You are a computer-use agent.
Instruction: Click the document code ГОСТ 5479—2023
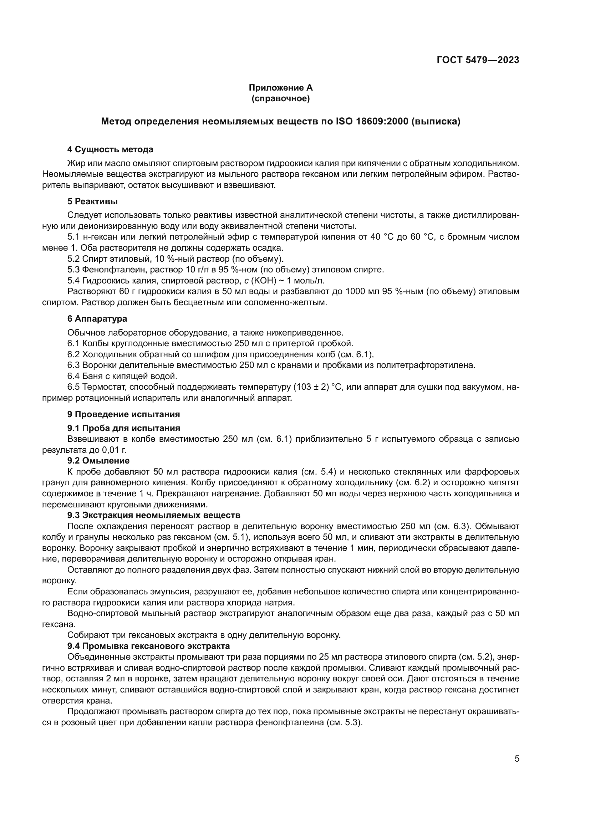(x=478, y=60)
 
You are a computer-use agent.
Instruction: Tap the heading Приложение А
(x=280, y=88)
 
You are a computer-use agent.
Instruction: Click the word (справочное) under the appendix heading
(x=280, y=98)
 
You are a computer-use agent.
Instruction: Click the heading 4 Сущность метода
(x=110, y=149)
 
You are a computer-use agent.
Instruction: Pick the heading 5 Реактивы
(x=92, y=201)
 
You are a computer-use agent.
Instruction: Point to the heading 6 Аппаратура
(x=97, y=319)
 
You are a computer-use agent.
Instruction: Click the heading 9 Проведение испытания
(x=123, y=414)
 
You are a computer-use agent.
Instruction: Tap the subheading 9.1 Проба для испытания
(x=123, y=428)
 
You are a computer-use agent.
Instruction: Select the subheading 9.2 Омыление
(x=98, y=461)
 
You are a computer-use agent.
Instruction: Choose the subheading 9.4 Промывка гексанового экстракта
(x=149, y=646)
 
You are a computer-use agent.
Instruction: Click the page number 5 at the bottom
(x=517, y=759)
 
